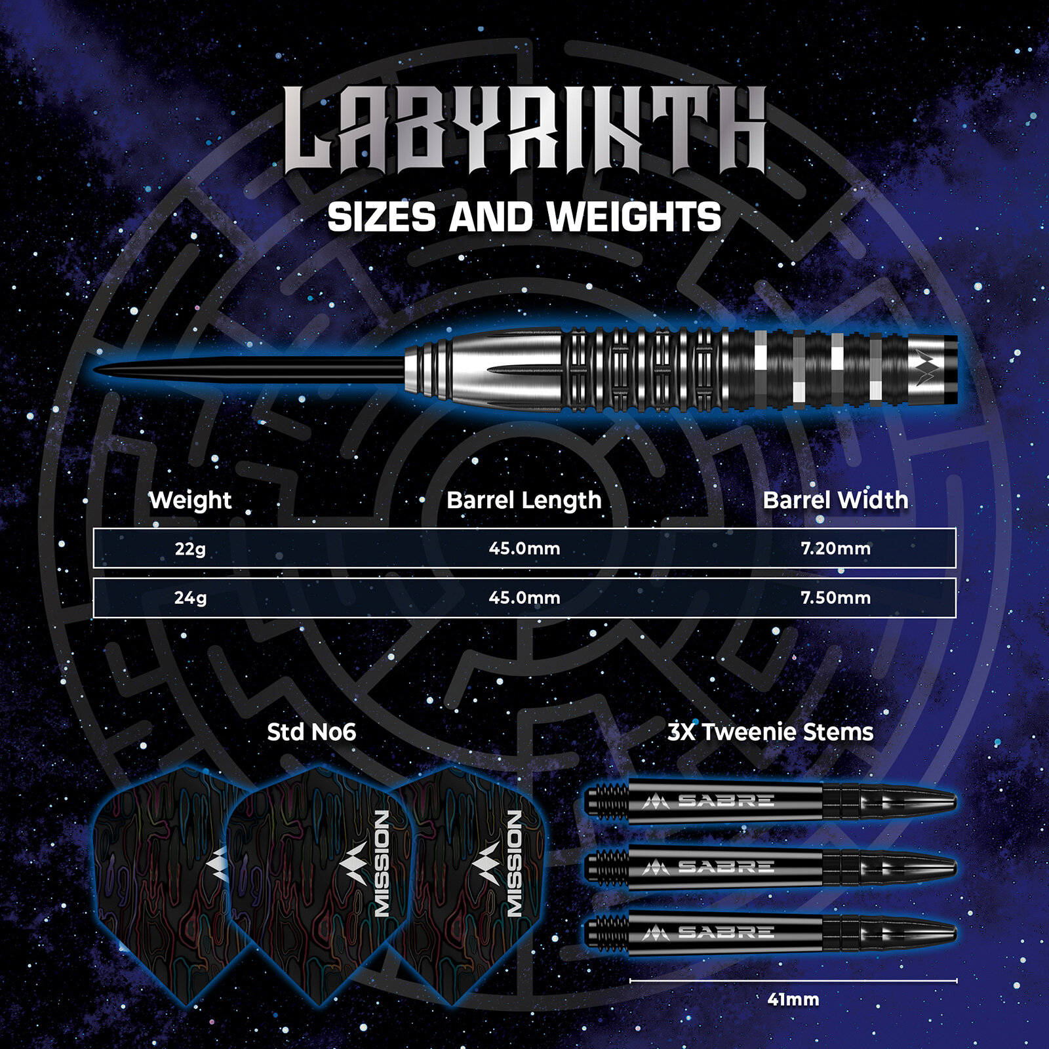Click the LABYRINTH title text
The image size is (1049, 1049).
pos(525,130)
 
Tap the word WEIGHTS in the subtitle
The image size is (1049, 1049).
pos(634,217)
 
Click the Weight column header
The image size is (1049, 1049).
pos(190,500)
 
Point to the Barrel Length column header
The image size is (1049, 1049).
pos(524,501)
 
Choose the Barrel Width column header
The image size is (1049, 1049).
pos(835,500)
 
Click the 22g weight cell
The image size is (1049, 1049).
pos(190,549)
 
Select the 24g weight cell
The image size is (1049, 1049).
pos(190,598)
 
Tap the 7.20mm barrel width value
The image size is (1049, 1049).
pos(835,548)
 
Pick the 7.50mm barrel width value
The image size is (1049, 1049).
pos(835,597)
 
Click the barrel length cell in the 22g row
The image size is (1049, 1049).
pos(524,548)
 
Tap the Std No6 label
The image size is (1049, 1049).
pos(311,732)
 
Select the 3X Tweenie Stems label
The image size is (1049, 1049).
pos(770,732)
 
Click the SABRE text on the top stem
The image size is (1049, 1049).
pos(726,801)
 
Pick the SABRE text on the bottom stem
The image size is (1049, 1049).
pos(726,932)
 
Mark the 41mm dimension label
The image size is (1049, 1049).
pos(793,1000)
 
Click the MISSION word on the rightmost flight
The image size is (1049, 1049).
pos(515,863)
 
